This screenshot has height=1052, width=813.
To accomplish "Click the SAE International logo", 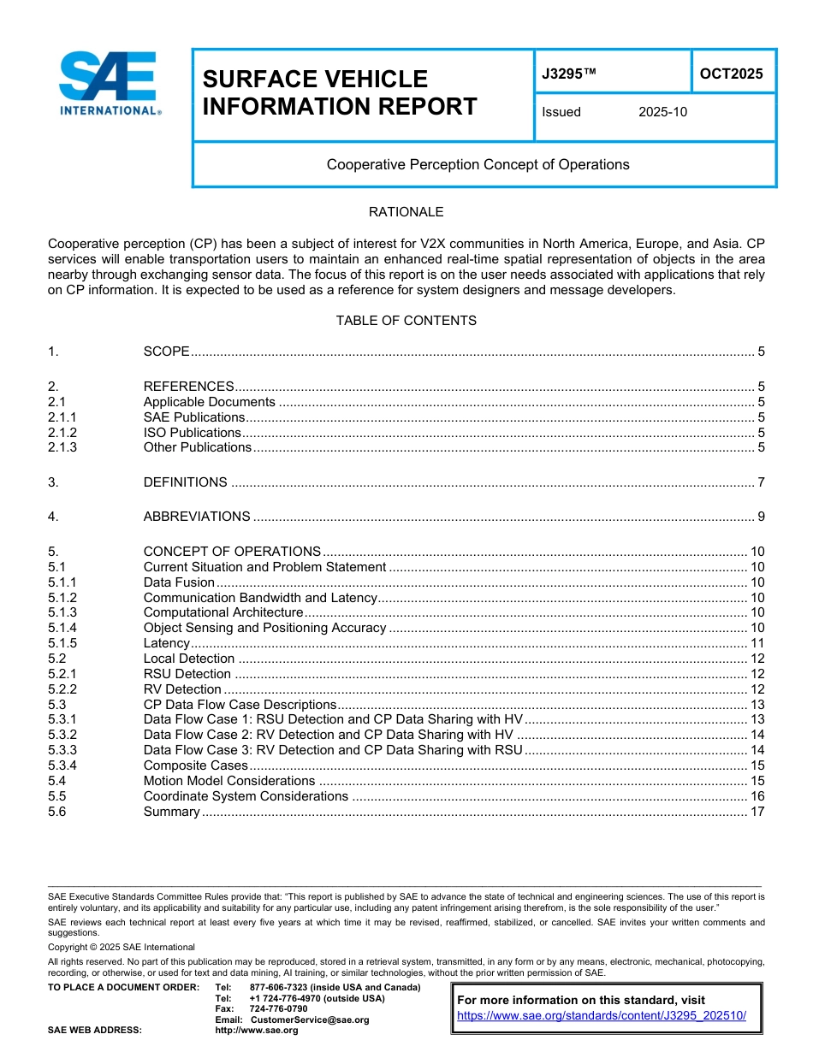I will point(110,83).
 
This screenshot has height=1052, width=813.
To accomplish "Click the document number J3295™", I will point(568,74).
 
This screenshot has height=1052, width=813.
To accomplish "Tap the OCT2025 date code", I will point(731,74).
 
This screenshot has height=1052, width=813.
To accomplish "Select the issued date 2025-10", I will point(662,112).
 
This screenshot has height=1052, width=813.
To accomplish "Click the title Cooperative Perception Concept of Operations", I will point(478,164).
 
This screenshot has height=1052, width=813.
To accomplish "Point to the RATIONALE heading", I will point(406,212).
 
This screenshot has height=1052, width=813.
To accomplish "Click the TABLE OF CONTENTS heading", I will point(406,321).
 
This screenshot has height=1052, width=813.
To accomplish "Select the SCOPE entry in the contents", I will point(166,352).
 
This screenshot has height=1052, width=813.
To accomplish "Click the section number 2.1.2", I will point(62,432).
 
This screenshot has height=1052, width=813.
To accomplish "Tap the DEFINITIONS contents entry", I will point(185,482).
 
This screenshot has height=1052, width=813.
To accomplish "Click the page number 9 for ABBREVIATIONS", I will point(761,517).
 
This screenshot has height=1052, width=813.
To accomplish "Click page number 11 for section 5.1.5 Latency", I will point(757,643).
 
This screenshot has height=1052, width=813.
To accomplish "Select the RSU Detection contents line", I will point(187,674).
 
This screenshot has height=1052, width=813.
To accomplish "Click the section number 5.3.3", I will point(62,750).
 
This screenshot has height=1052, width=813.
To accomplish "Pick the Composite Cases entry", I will point(195,765).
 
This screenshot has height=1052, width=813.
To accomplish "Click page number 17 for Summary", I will point(757,812).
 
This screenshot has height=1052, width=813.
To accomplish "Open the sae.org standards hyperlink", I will point(602,1015).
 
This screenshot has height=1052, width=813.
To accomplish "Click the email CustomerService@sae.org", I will point(310,1019).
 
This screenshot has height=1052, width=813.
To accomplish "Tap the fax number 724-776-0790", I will point(278,1008).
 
